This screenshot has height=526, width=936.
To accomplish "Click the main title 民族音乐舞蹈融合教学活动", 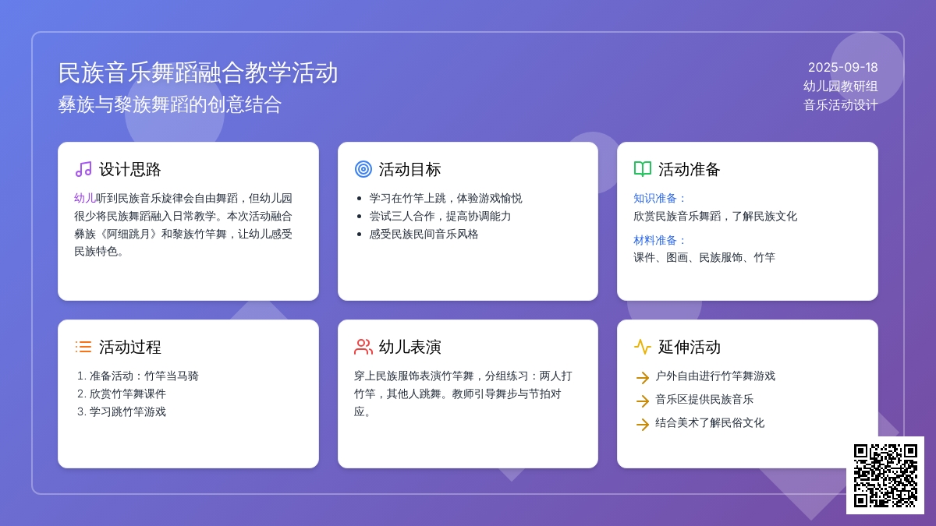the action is pyautogui.click(x=197, y=72).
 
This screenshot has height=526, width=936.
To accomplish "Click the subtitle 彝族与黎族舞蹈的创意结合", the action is pyautogui.click(x=170, y=104).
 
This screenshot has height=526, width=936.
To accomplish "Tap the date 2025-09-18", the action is pyautogui.click(x=842, y=68).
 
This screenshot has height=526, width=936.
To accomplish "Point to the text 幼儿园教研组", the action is pyautogui.click(x=840, y=86).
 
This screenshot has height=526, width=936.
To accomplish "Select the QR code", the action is pyautogui.click(x=885, y=475).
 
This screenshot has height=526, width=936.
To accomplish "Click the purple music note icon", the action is pyautogui.click(x=83, y=170).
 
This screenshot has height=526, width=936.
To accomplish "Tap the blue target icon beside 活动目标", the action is pyautogui.click(x=363, y=170).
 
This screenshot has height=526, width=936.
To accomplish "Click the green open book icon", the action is pyautogui.click(x=643, y=169).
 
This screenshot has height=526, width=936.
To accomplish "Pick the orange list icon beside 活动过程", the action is pyautogui.click(x=83, y=347).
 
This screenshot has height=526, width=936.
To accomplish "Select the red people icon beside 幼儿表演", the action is pyautogui.click(x=363, y=347).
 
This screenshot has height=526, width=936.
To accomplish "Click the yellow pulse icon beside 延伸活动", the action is pyautogui.click(x=643, y=347).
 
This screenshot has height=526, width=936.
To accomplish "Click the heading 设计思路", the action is pyautogui.click(x=130, y=170).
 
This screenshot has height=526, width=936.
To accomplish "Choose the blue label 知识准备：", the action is pyautogui.click(x=659, y=198).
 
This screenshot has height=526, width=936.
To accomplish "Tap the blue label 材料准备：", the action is pyautogui.click(x=659, y=241).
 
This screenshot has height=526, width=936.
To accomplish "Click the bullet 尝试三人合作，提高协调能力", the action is pyautogui.click(x=440, y=217).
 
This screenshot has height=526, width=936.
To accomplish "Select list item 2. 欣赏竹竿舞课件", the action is pyautogui.click(x=122, y=394).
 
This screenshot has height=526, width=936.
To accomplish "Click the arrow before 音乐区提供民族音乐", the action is pyautogui.click(x=643, y=401).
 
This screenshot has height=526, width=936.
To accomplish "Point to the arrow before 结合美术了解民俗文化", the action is pyautogui.click(x=643, y=424).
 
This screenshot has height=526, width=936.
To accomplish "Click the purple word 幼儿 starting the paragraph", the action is pyautogui.click(x=85, y=198).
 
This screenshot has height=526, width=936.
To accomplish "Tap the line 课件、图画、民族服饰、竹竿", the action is pyautogui.click(x=704, y=258).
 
